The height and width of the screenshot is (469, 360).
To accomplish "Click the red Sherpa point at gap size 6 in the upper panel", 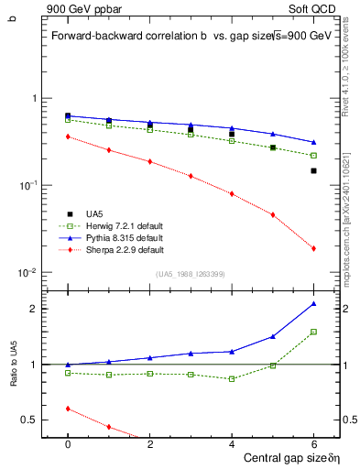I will (313, 248).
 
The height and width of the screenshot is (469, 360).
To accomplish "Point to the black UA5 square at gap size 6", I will (313, 170).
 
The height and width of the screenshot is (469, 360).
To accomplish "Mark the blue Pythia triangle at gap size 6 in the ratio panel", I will (313, 303).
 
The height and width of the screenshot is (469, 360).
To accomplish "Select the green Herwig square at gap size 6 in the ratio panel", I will (313, 332).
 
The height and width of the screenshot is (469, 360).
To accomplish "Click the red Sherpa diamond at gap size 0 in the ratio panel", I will (68, 409).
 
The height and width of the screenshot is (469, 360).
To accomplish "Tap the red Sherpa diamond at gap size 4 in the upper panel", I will (232, 193).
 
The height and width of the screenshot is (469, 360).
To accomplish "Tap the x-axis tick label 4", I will (232, 443).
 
